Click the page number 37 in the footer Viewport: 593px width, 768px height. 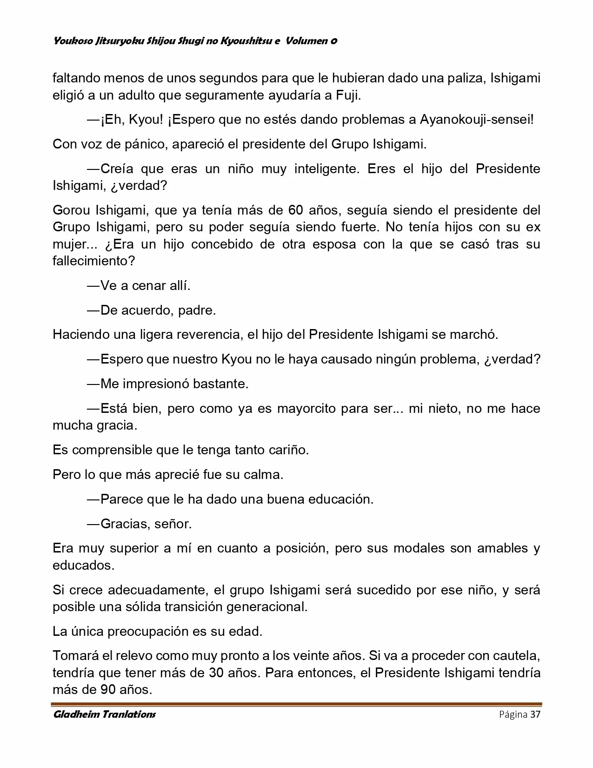pos(535,714)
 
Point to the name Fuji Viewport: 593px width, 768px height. pos(348,95)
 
